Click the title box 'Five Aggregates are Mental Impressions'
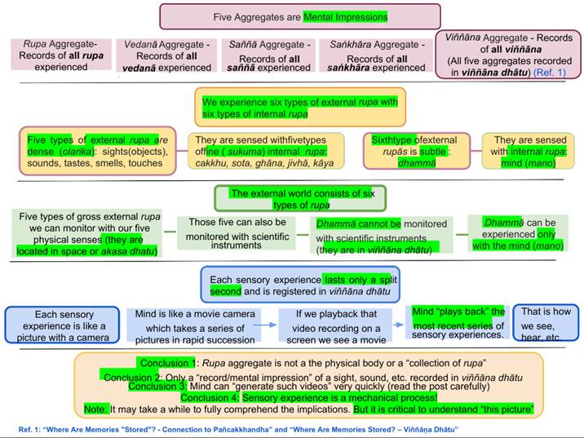[299, 16]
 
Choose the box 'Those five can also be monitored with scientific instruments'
[235, 232]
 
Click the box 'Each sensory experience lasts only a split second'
[299, 285]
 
